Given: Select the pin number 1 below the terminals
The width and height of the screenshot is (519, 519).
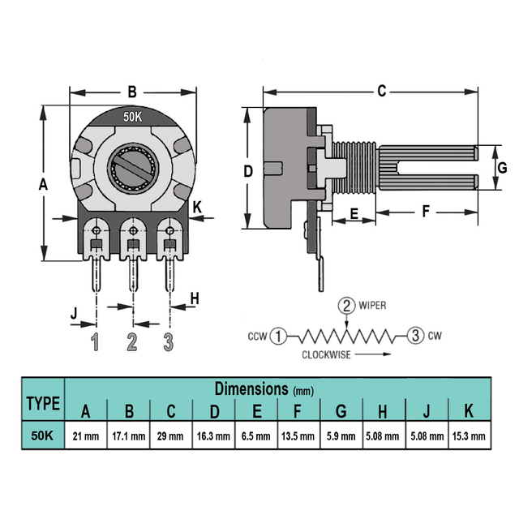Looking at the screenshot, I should [96, 342].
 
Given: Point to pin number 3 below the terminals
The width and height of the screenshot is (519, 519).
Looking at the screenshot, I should [169, 342].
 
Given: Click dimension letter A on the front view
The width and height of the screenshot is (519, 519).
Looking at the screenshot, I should [44, 185].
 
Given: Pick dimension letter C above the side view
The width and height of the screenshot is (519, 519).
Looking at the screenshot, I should [381, 91].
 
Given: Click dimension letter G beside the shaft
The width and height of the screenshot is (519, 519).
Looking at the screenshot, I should [501, 169].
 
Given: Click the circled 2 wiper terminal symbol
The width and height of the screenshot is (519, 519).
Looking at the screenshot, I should [346, 306].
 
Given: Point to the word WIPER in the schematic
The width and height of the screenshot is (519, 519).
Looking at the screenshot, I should [372, 306].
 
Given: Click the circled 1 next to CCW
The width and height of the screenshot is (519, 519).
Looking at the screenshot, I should [278, 335].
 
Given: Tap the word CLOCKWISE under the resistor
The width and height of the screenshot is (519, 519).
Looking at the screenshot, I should [327, 354].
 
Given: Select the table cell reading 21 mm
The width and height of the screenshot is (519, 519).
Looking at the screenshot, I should [85, 435].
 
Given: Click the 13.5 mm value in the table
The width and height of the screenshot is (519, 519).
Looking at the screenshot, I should [298, 435].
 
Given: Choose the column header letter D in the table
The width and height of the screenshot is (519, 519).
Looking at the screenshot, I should [214, 410].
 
